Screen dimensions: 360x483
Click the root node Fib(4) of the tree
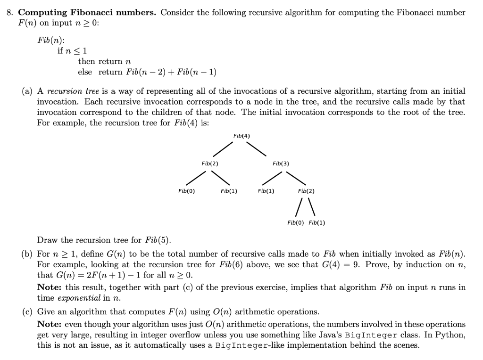click(x=241, y=136)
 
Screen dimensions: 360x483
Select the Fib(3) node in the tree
click(x=281, y=164)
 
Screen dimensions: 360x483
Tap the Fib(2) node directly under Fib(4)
click(x=209, y=164)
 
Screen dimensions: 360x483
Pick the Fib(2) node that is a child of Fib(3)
click(x=306, y=191)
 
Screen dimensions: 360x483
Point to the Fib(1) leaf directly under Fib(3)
click(x=266, y=191)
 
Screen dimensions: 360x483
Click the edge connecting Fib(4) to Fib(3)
click(x=257, y=148)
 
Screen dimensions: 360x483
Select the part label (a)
click(x=27, y=91)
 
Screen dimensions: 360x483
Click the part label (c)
click(x=27, y=312)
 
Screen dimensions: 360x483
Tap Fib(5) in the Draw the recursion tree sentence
click(x=161, y=240)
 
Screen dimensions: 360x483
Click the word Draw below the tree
click(x=47, y=240)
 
